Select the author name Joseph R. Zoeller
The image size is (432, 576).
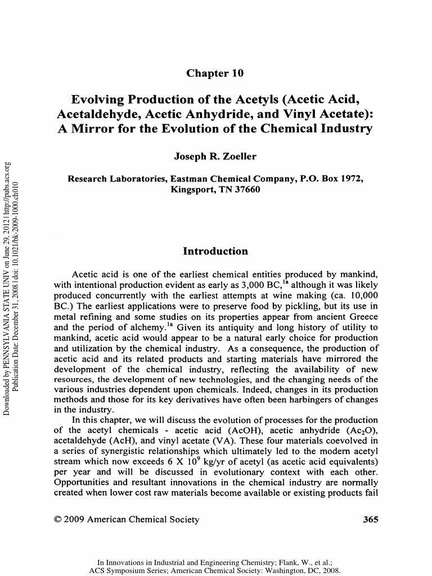pyautogui.click(x=215, y=153)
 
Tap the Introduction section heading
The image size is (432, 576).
pyautogui.click(x=215, y=251)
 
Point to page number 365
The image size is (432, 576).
pyautogui.click(x=370, y=519)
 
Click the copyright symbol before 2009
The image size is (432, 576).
pyautogui.click(x=57, y=520)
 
